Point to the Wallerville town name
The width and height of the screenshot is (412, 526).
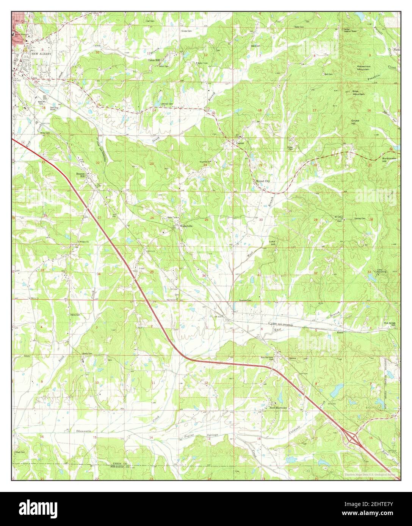click(186, 226)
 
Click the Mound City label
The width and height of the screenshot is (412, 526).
click(263, 181)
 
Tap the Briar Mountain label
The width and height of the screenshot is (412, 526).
click(359, 93)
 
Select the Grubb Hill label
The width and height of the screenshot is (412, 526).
click(355, 122)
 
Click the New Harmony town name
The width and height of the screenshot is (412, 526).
click(279, 408)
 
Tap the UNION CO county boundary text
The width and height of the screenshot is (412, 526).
click(121, 464)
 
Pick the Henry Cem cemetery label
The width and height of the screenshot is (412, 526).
click(75, 314)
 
